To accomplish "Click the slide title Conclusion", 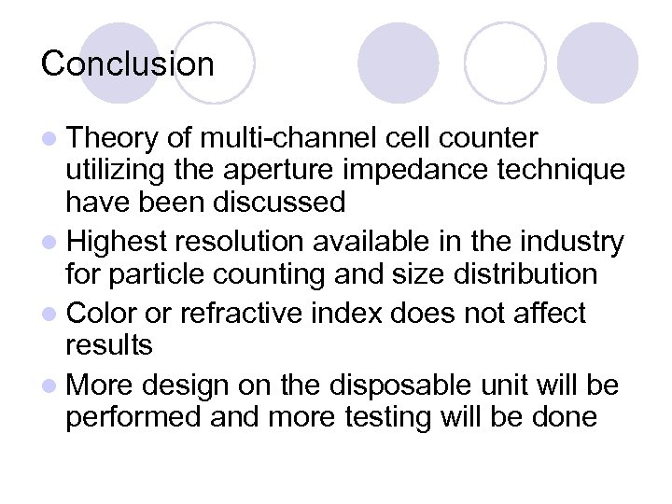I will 128,64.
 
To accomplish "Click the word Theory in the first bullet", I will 113,140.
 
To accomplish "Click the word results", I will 109,345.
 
